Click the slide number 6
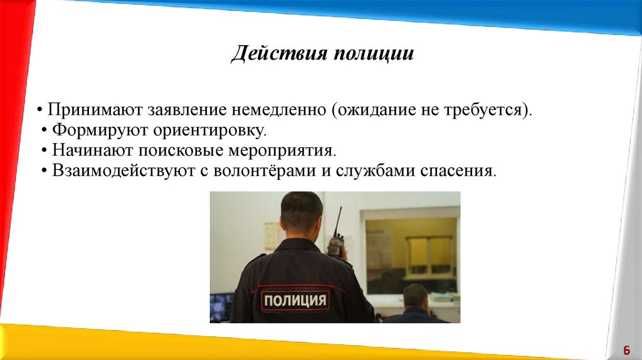(626, 350)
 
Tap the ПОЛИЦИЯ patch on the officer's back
(295, 300)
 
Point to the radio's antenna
(339, 220)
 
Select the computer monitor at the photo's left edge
(221, 307)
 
